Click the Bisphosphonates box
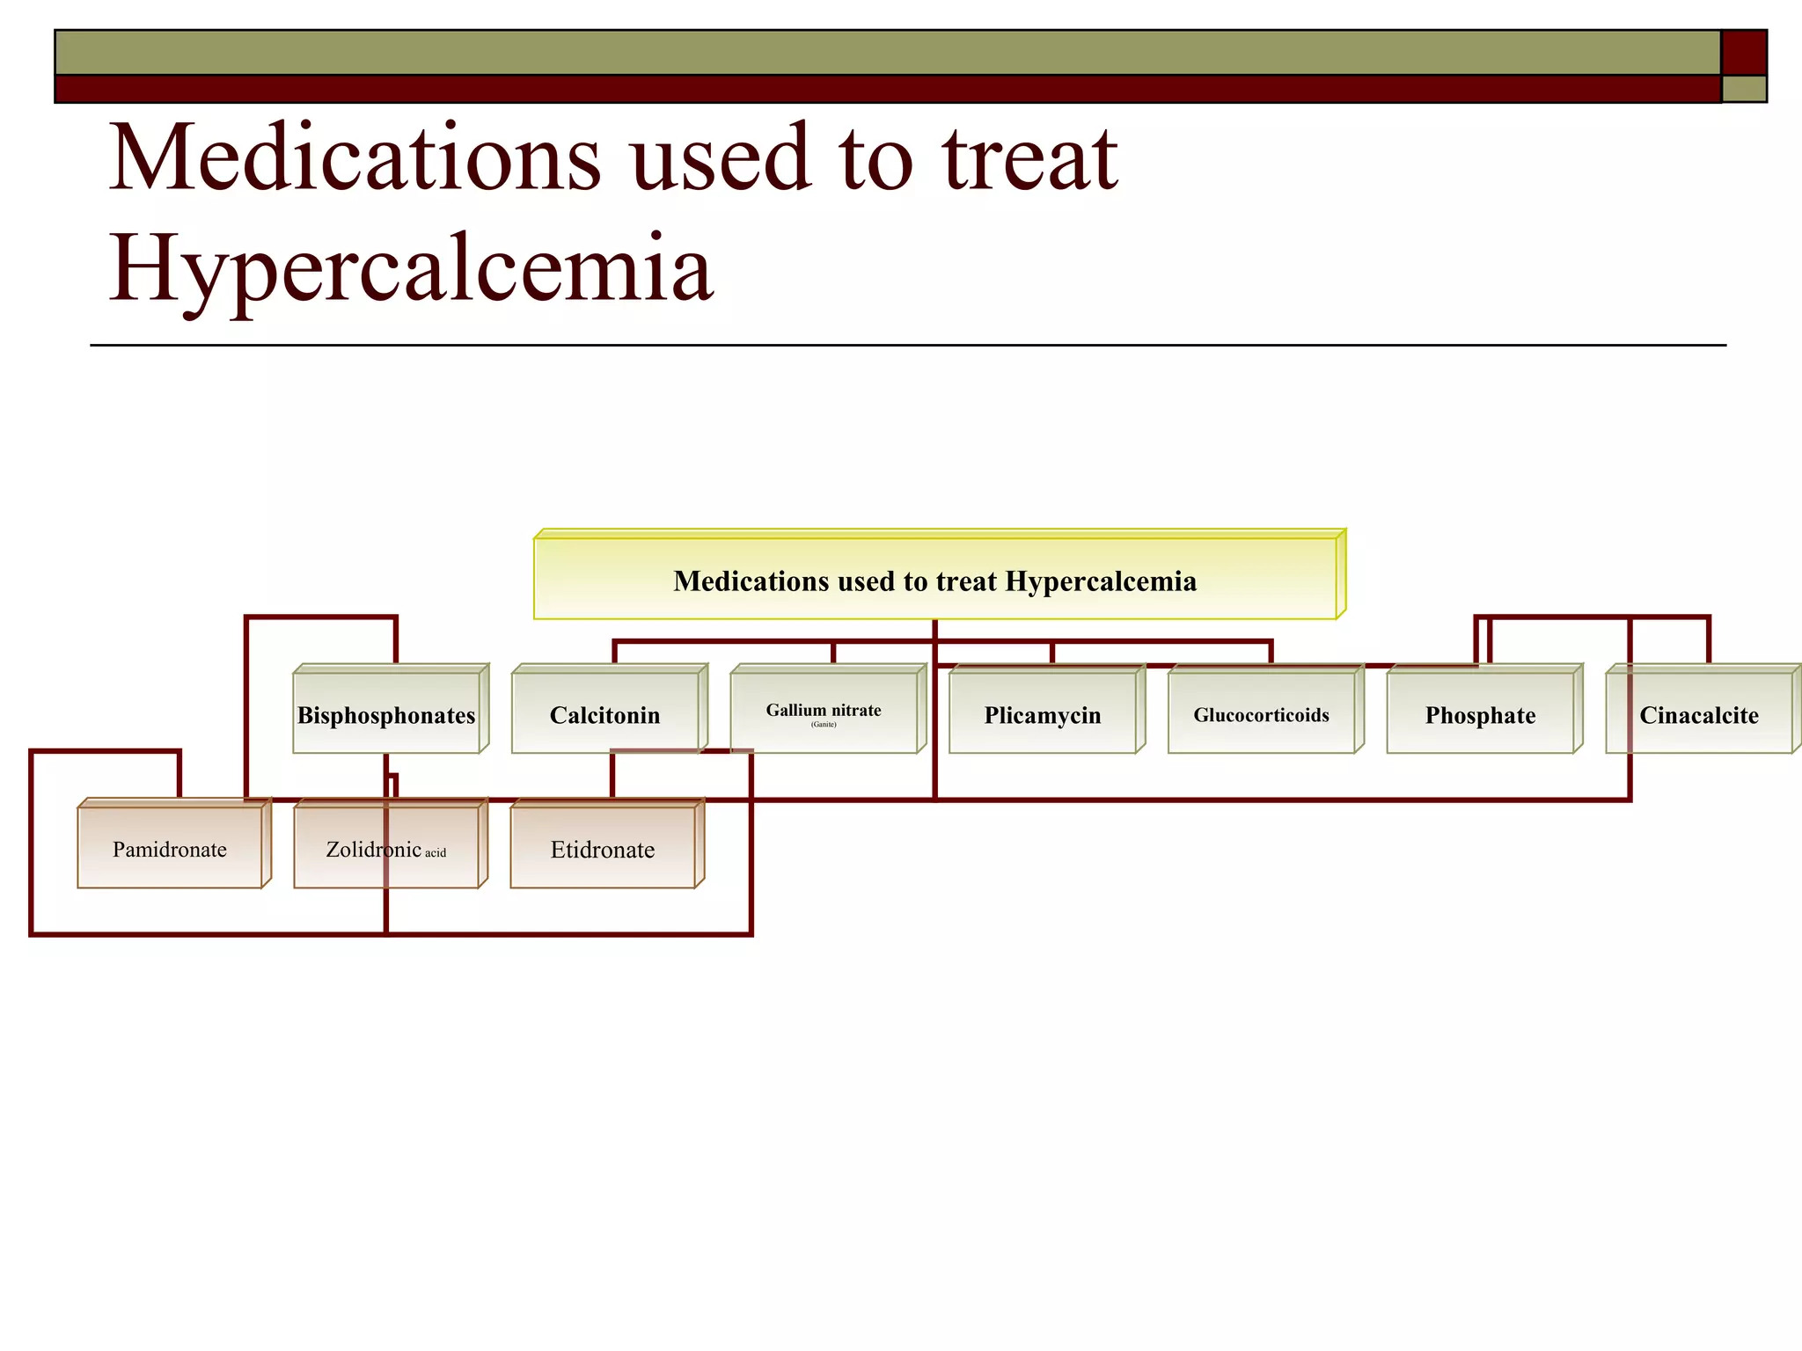[387, 714]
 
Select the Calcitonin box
[605, 714]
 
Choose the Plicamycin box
[1043, 714]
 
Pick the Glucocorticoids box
[1261, 714]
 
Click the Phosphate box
[1480, 714]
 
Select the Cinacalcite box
[1698, 714]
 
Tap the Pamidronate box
[170, 849]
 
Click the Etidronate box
[603, 849]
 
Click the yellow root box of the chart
[934, 581]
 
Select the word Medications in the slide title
[355, 158]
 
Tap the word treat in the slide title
[1029, 158]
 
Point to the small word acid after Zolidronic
[436, 852]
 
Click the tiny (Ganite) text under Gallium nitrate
[824, 725]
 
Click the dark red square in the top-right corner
[1743, 53]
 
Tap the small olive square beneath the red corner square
[1743, 89]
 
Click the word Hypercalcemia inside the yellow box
[1101, 581]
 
